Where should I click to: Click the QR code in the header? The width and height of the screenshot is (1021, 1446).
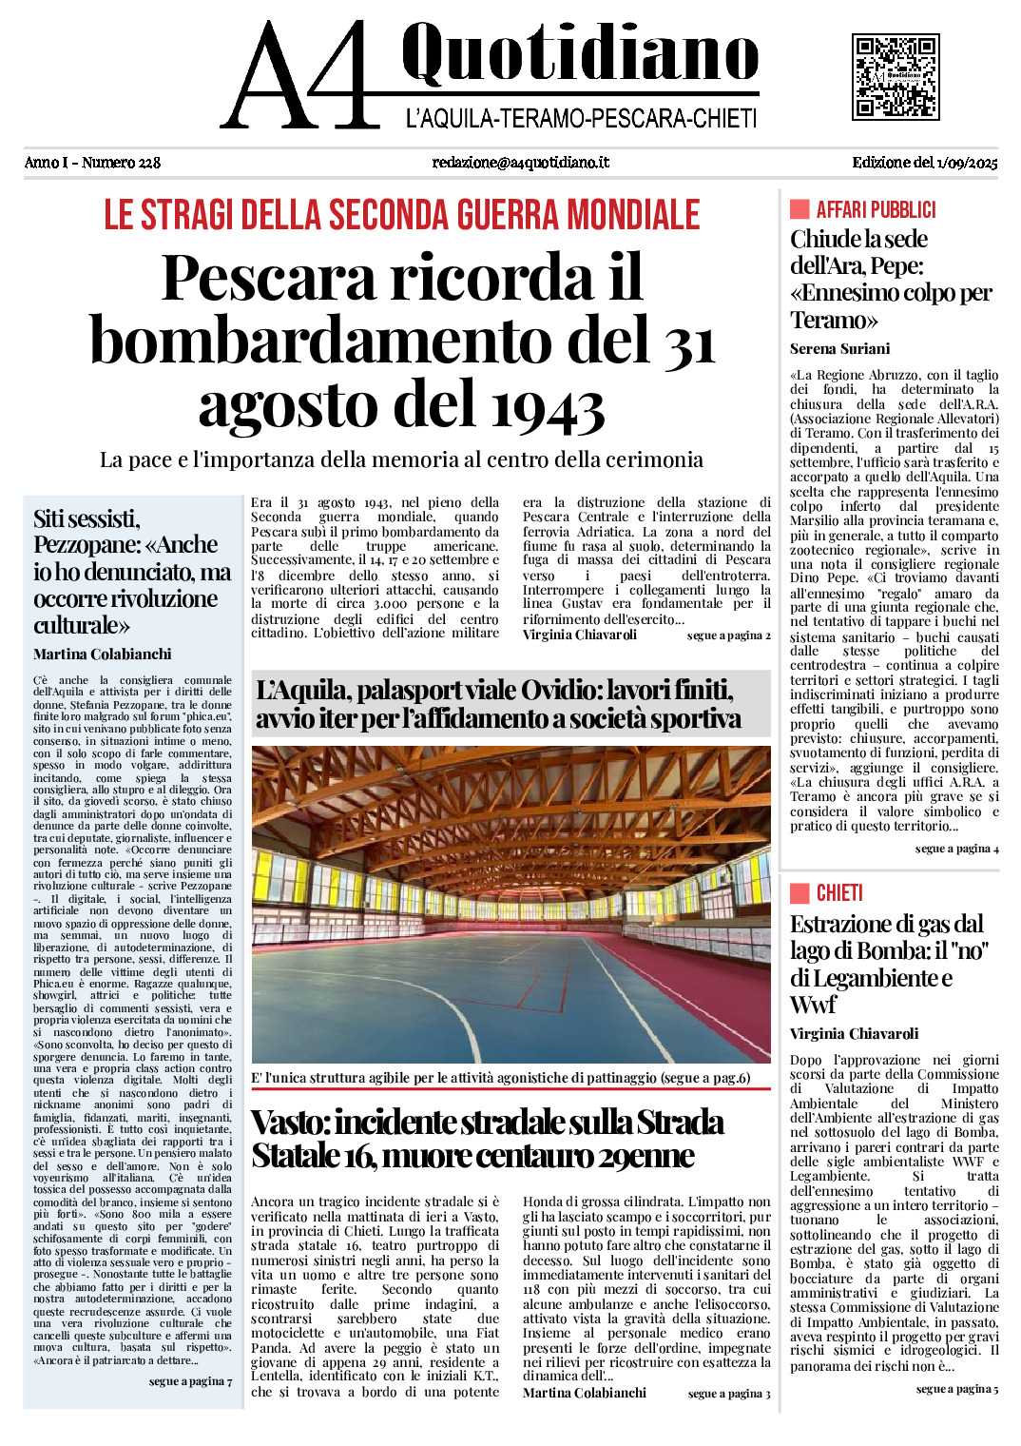(895, 77)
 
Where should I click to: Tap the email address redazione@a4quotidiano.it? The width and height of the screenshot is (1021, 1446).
(520, 163)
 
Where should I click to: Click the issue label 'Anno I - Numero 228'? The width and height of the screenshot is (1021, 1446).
(92, 163)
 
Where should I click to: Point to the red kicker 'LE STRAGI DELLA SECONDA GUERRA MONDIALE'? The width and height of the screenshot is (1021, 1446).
(401, 216)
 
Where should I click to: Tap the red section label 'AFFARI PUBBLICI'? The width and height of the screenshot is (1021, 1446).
(876, 210)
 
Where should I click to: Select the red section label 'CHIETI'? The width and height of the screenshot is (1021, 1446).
(839, 893)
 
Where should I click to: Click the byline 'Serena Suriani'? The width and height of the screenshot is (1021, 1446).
(839, 349)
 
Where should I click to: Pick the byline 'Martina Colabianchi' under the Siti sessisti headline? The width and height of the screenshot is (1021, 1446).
(102, 655)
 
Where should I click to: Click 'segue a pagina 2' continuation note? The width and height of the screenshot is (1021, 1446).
(728, 635)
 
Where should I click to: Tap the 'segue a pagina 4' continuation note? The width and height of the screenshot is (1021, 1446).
(956, 849)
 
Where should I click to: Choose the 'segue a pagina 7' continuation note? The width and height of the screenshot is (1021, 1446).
(190, 1381)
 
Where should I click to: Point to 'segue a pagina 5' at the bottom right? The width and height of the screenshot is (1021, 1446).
(956, 1389)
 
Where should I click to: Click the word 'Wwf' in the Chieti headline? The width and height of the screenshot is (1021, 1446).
(813, 1006)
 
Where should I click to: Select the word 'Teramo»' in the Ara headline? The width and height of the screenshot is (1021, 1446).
(834, 320)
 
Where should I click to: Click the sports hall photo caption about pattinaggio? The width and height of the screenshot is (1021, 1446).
(500, 1078)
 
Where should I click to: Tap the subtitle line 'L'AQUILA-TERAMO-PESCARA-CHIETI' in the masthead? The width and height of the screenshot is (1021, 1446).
(581, 119)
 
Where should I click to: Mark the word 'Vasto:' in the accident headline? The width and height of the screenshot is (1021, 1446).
(290, 1124)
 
